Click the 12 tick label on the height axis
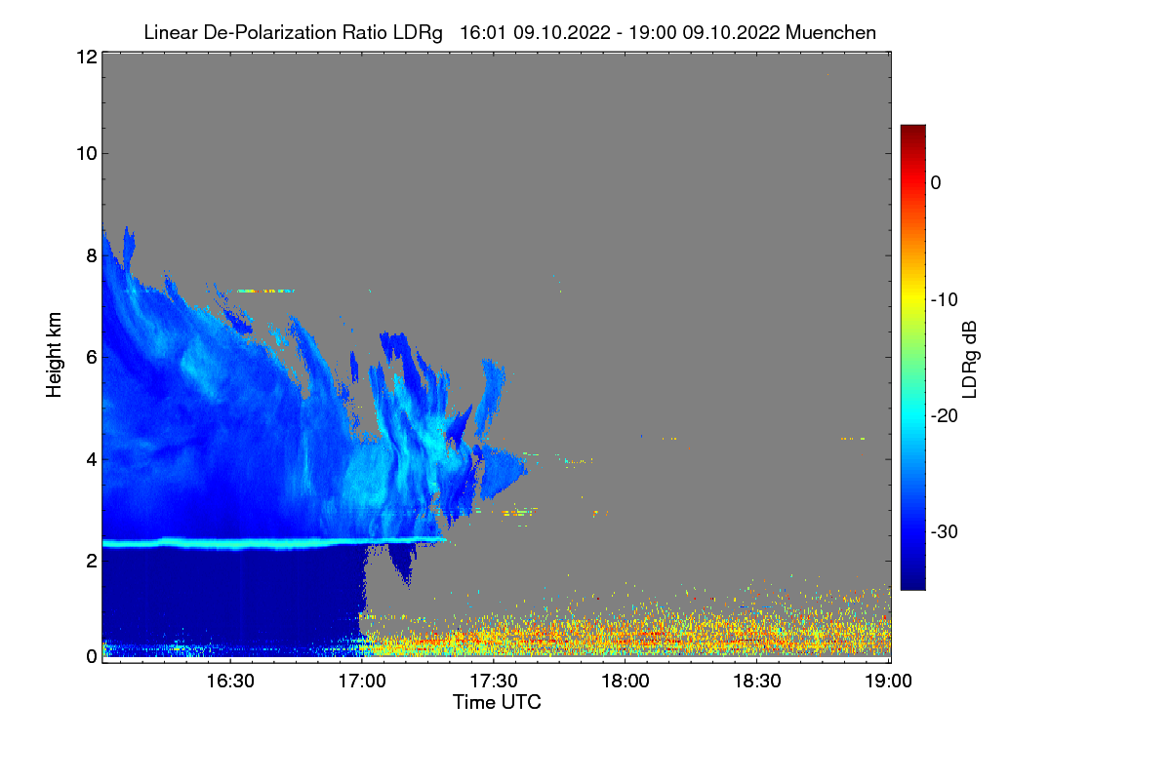tap(85, 57)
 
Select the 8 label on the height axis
tap(91, 255)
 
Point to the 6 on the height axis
tap(91, 357)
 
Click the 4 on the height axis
tap(91, 458)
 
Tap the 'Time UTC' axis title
tap(497, 702)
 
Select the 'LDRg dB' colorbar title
tap(970, 361)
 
